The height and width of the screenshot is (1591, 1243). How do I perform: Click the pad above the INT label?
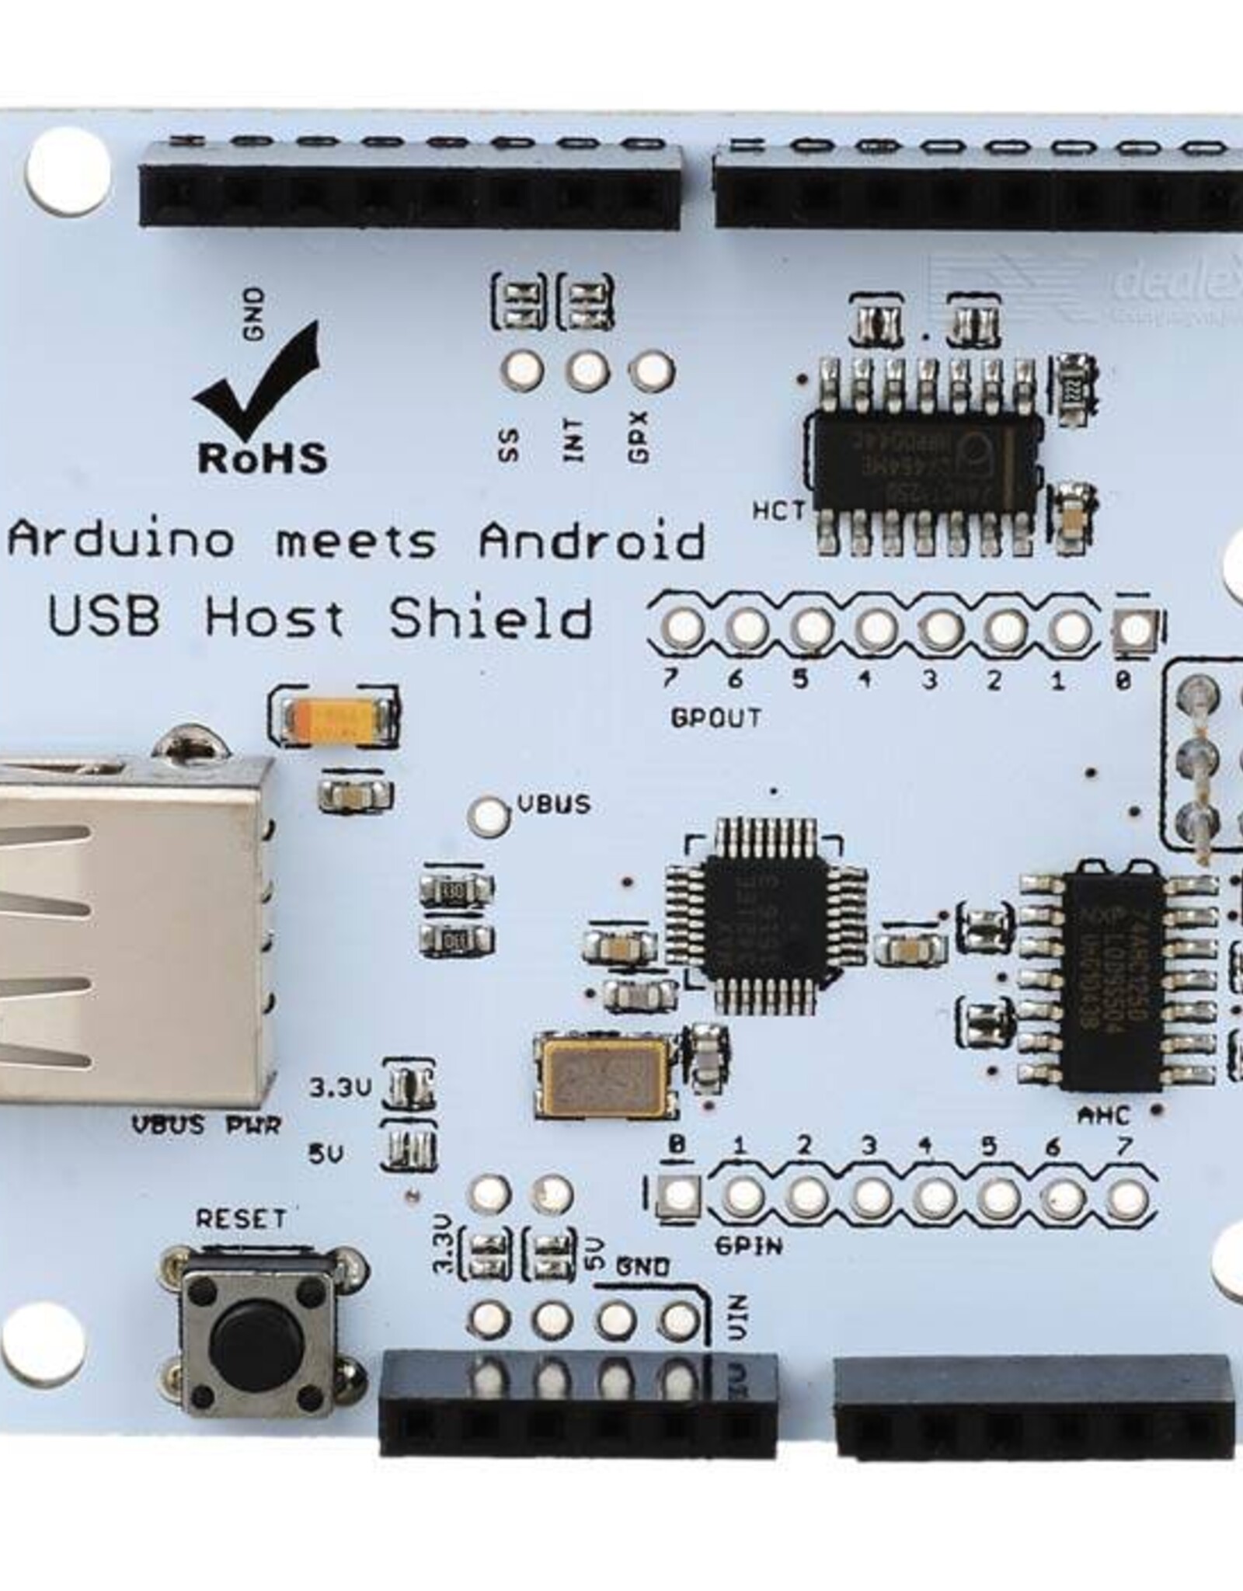point(588,370)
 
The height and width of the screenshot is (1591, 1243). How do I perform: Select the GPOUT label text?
point(716,719)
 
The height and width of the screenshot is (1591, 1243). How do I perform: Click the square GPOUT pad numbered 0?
point(1135,628)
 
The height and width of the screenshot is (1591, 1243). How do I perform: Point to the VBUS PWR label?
point(206,1126)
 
